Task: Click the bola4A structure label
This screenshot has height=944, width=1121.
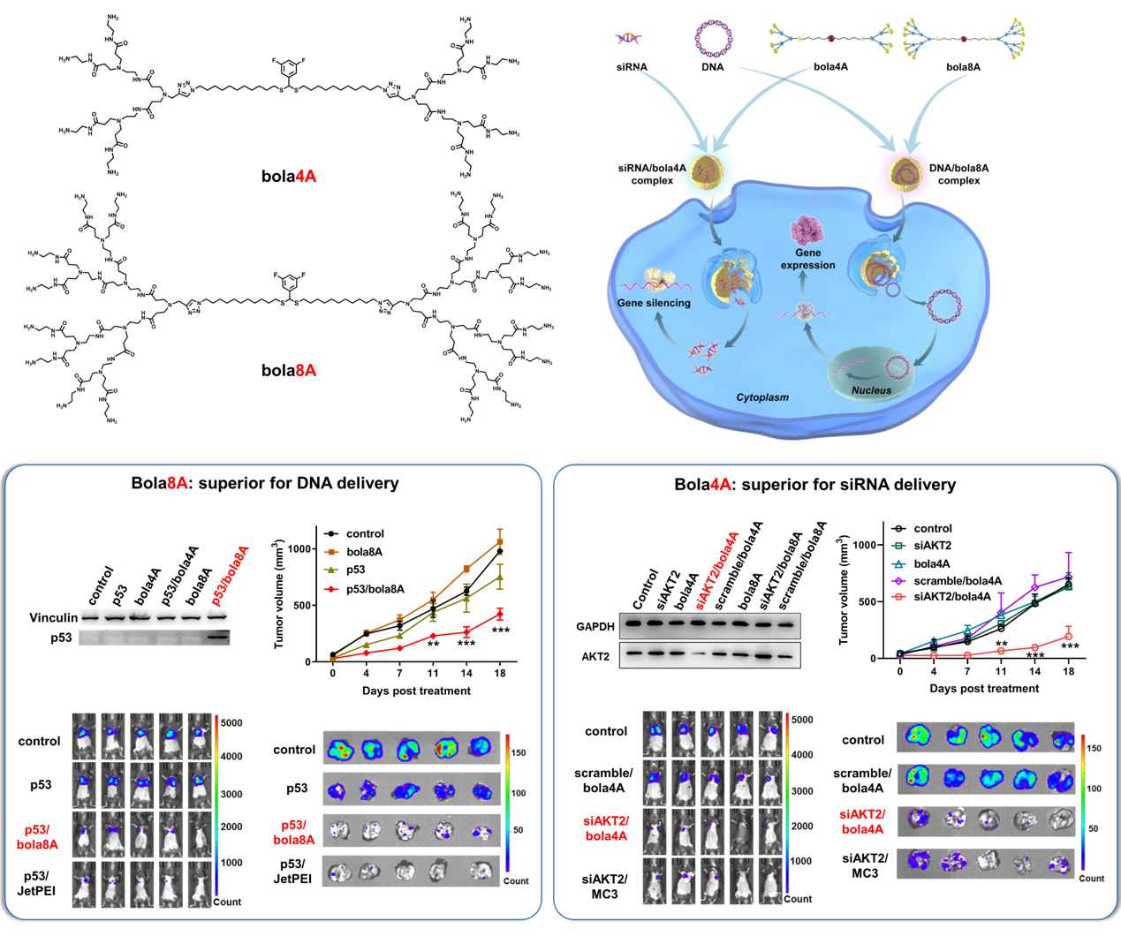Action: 288,176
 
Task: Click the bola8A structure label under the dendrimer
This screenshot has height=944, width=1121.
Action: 288,370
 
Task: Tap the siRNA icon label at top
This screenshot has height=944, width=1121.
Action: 632,67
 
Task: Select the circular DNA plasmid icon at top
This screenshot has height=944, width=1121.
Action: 712,38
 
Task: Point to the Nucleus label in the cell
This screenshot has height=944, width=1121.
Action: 871,390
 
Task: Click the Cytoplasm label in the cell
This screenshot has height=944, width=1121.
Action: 762,397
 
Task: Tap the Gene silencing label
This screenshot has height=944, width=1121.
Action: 654,303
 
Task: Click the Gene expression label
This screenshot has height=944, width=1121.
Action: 807,259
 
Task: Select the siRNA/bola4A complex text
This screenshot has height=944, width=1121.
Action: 652,174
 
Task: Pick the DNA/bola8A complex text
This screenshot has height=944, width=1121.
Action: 958,174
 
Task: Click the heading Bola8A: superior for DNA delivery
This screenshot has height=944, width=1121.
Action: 265,483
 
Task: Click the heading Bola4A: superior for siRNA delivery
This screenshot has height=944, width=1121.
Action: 814,485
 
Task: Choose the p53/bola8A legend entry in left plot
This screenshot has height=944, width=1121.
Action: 375,589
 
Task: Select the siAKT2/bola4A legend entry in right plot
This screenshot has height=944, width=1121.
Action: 951,597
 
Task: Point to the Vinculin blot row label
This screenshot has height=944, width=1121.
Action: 53,617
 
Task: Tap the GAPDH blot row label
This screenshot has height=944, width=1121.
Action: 595,626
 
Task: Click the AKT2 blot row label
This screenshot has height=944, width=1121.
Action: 595,656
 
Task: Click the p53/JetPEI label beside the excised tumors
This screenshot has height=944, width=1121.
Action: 293,871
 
